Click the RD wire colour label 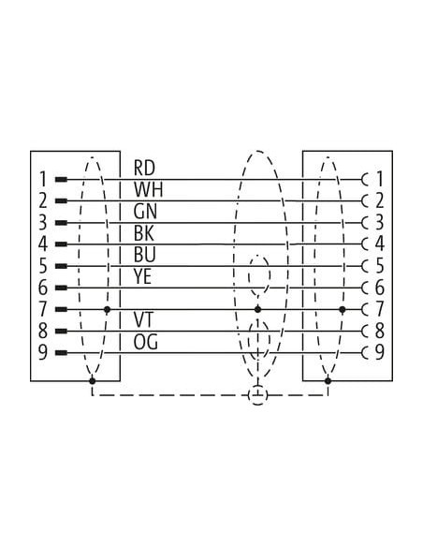click(144, 168)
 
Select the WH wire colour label click(148, 189)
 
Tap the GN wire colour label click(145, 212)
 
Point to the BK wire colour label click(143, 233)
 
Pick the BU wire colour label click(144, 255)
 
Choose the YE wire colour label click(142, 276)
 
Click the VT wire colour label click(143, 320)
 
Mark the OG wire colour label click(145, 342)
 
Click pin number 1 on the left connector click(42, 180)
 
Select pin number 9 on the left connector click(42, 352)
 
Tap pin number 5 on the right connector click(379, 266)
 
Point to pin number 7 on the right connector click(379, 309)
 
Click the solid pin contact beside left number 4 click(61, 244)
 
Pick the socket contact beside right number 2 click(365, 201)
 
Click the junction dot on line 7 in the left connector click(108, 309)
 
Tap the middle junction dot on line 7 click(257, 309)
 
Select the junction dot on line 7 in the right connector click(343, 309)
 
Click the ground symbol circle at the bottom click(257, 395)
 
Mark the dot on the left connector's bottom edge click(93, 380)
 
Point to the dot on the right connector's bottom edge click(328, 380)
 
